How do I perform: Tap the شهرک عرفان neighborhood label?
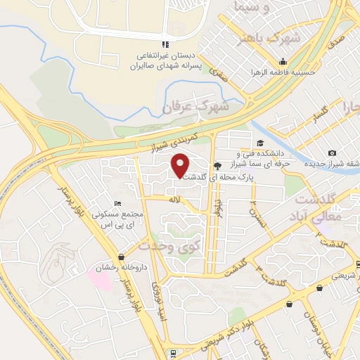[x=196, y=108]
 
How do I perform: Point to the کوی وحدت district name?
[x=169, y=246]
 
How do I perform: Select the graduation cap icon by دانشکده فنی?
[x=230, y=143]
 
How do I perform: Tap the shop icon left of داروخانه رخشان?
[x=122, y=257]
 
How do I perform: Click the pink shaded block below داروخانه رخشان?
[x=100, y=276]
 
